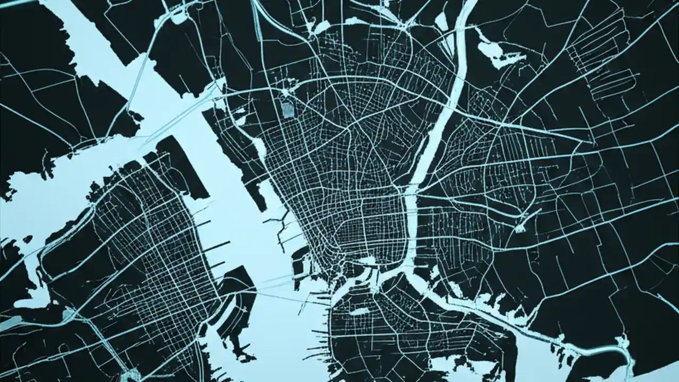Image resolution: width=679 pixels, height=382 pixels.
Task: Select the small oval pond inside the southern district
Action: coord(359,311)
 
